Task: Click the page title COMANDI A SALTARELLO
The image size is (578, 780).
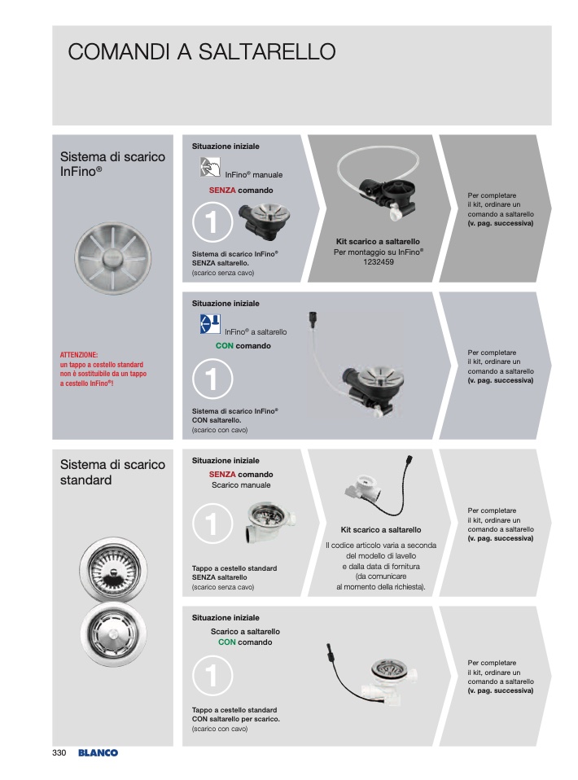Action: [x=201, y=52]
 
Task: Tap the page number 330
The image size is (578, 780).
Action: [x=59, y=752]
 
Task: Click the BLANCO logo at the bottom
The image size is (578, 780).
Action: [x=98, y=752]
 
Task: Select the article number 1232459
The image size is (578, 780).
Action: [x=378, y=261]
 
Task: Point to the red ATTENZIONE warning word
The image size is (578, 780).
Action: [x=79, y=355]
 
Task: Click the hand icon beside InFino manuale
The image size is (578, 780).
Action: [x=210, y=167]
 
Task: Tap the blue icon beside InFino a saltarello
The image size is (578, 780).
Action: [x=210, y=324]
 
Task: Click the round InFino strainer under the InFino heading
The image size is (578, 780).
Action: [x=113, y=257]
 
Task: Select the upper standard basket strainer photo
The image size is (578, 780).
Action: [x=113, y=570]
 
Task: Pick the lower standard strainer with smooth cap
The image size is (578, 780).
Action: [x=113, y=634]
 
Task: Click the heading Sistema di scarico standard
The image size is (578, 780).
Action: [x=112, y=472]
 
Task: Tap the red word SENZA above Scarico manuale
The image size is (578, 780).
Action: [x=222, y=474]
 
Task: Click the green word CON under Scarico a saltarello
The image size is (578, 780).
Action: [x=227, y=642]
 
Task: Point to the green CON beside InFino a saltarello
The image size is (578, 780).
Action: [x=225, y=346]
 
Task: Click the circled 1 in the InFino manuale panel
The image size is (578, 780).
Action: [x=212, y=221]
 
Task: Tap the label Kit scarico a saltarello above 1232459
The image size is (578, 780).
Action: [x=378, y=241]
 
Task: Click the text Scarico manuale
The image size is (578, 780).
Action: [x=241, y=485]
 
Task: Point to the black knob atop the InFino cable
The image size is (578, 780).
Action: [x=313, y=318]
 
